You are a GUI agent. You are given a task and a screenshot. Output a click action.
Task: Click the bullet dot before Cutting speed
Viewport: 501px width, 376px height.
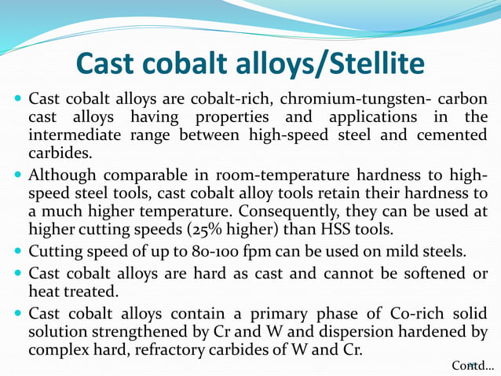[x=18, y=253]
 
